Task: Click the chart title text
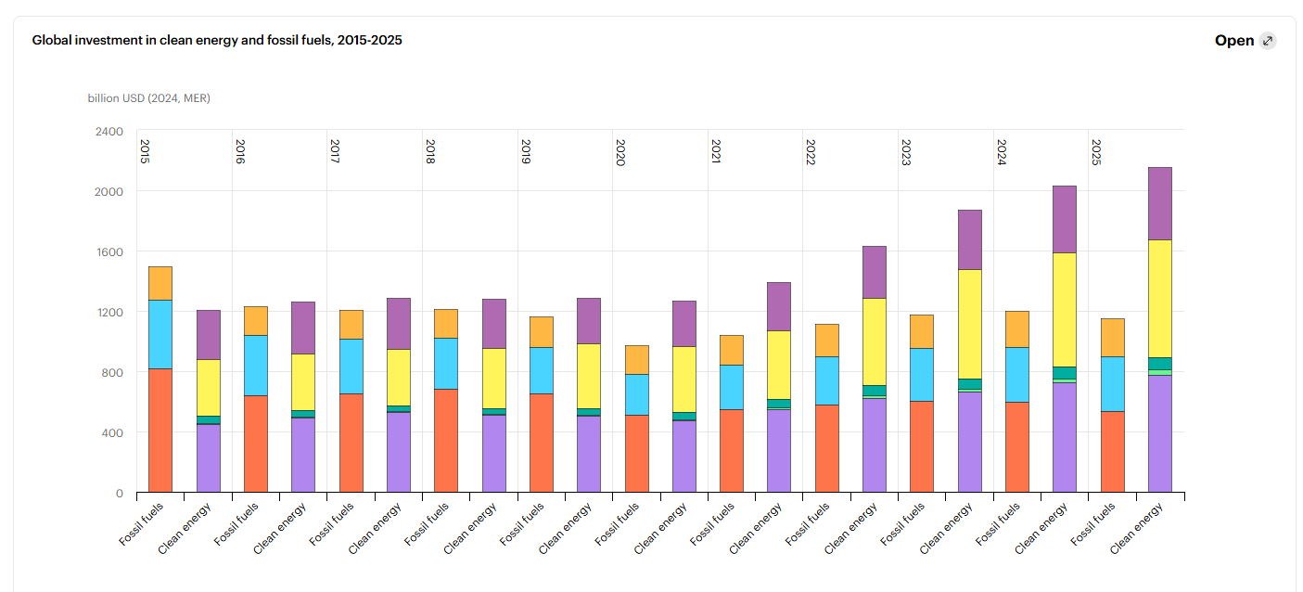[217, 41]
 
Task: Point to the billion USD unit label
[149, 98]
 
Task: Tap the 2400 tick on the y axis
[109, 132]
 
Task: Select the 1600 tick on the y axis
[109, 252]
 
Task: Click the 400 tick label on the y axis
[113, 432]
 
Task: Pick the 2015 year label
[145, 152]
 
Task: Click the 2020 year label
[620, 152]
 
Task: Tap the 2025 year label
[1096, 152]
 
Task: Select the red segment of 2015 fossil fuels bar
[160, 431]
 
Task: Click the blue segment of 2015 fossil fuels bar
[160, 334]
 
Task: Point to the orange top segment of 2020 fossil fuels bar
[637, 360]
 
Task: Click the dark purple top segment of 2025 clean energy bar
[1160, 204]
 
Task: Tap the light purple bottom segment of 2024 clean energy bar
[1065, 437]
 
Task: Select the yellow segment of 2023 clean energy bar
[970, 324]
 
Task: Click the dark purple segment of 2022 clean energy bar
[875, 272]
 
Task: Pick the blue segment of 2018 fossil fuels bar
[446, 364]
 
